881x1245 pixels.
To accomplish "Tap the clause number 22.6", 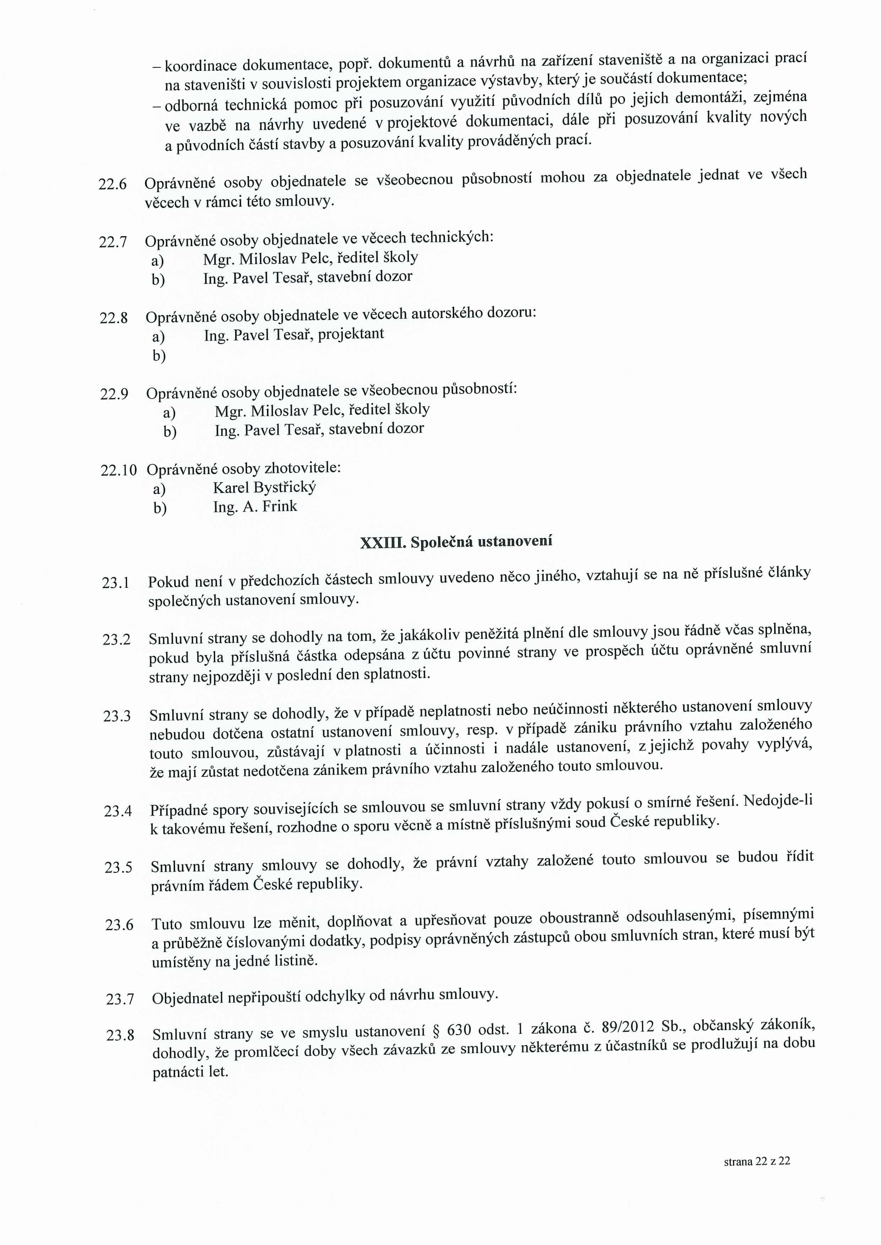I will [x=112, y=184].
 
